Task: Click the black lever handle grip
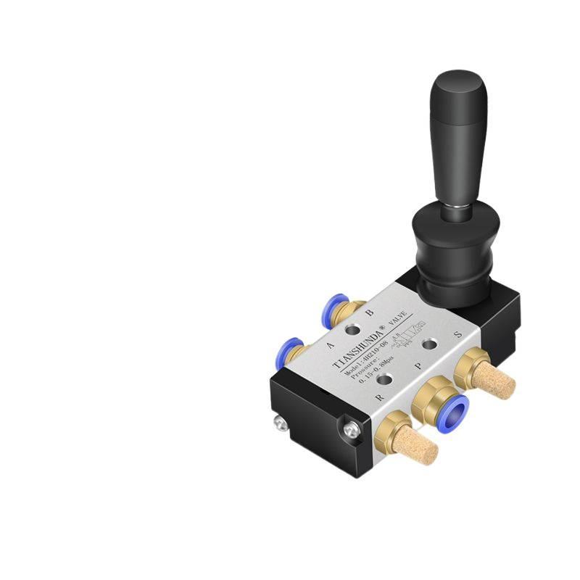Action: coord(458,138)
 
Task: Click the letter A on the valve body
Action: coord(330,345)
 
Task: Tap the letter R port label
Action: coord(378,398)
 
